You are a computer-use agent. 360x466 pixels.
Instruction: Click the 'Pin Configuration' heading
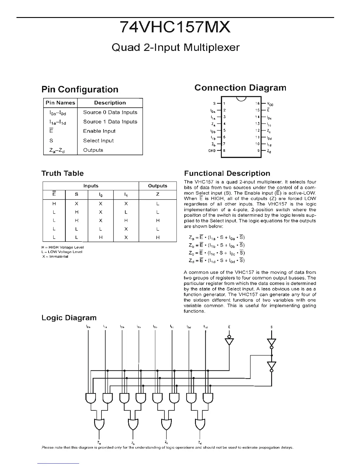(80, 89)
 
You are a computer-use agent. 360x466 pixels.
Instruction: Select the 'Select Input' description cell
(98, 141)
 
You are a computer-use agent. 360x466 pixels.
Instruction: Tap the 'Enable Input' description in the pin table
(99, 131)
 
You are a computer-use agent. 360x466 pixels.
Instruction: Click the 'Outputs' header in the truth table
(158, 186)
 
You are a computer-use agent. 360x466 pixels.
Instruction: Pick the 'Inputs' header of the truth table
(91, 186)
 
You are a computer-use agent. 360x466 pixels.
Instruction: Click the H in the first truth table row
(54, 204)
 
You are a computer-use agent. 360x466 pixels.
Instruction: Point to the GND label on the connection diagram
(212, 151)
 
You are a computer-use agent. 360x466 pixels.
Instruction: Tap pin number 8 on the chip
(224, 151)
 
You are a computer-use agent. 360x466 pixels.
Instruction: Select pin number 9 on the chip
(258, 151)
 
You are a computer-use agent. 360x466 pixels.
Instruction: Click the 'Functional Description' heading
(227, 174)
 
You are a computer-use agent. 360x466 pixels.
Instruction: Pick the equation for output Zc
(217, 253)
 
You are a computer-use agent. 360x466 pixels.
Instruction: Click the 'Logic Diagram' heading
(69, 318)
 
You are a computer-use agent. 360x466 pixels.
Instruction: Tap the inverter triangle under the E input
(229, 342)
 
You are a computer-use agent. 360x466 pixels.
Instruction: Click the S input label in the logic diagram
(271, 327)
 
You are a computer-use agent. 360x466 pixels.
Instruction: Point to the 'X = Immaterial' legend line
(55, 257)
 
